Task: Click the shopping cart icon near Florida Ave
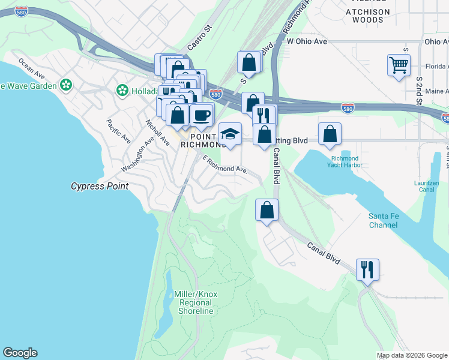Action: (x=399, y=64)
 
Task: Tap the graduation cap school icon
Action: (x=230, y=134)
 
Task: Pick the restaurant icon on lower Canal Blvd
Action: (x=367, y=269)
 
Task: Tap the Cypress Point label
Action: (x=100, y=186)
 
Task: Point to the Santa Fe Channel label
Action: (x=383, y=220)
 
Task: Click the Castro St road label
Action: (x=200, y=38)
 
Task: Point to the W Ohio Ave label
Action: (x=306, y=41)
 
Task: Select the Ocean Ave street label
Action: (x=32, y=68)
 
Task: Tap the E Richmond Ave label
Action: (x=225, y=165)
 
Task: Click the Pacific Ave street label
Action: (x=118, y=131)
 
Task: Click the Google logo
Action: (x=20, y=353)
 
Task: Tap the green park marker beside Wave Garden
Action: (x=65, y=86)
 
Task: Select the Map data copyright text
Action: (x=412, y=355)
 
